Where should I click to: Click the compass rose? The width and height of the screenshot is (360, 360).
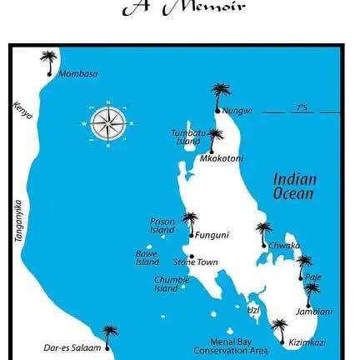coord(107,123)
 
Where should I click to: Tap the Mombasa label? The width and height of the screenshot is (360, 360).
coord(77,74)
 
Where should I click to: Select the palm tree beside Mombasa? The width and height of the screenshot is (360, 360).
coord(49,61)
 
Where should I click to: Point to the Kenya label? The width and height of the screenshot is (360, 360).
coord(22,109)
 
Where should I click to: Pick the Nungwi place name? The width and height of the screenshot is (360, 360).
coord(237,110)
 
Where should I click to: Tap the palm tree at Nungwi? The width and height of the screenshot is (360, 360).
coord(220,94)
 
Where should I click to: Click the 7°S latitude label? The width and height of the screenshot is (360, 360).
coord(301,107)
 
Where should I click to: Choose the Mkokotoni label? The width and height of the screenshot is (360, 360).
coord(221,157)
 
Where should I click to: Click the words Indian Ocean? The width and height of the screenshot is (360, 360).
coord(294,186)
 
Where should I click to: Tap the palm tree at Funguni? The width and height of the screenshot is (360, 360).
coord(190,222)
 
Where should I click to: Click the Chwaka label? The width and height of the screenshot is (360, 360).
coord(284,246)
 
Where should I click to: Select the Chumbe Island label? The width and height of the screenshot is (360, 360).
coord(171,284)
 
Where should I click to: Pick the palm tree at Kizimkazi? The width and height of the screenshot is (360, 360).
coord(279,329)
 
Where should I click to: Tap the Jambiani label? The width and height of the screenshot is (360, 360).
coord(313,312)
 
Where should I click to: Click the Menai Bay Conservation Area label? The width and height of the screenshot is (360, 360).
coord(231,346)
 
